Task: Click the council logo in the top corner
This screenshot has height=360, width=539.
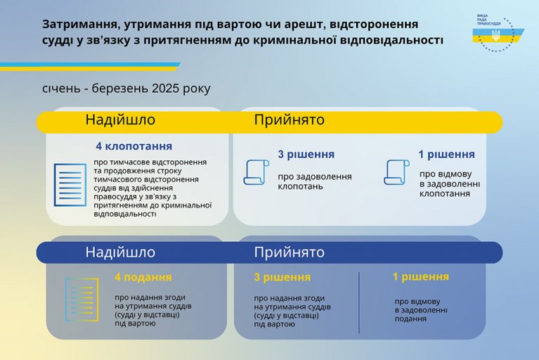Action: (x=498, y=34)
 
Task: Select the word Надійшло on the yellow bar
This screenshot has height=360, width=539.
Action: (x=120, y=120)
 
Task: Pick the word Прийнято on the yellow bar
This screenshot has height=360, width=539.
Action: (x=290, y=120)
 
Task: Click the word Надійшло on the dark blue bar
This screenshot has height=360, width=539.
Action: (x=120, y=252)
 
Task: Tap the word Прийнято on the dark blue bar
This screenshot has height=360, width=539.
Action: (x=290, y=252)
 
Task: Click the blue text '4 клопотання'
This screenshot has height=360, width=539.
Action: (x=134, y=146)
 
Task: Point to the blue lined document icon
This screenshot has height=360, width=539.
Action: (x=70, y=185)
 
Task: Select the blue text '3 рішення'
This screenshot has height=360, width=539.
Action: (x=306, y=155)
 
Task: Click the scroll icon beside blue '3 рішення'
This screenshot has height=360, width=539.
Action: (x=256, y=172)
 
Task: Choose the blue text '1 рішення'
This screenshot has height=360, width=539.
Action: (x=446, y=155)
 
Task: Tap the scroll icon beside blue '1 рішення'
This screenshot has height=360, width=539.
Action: (x=396, y=172)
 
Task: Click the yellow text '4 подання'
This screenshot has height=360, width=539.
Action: (x=143, y=277)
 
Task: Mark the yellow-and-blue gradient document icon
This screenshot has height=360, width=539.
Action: (x=82, y=300)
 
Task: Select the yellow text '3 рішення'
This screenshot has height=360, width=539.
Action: (x=283, y=277)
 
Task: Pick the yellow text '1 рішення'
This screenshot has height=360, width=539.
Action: (x=421, y=277)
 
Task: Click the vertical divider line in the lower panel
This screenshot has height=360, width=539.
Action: (x=359, y=302)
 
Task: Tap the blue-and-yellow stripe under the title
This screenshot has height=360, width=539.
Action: (x=90, y=67)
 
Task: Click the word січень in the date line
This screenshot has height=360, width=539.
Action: (x=61, y=89)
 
